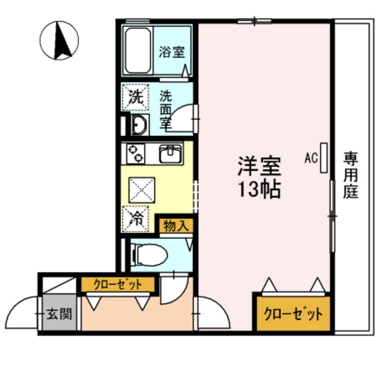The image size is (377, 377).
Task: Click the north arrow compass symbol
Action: pos(59,40)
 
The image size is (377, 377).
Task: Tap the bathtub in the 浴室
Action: pos(138,50)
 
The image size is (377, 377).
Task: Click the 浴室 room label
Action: pos(172,53)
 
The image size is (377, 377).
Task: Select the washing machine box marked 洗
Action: pos(136,97)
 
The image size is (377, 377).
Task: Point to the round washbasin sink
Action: pos(140,125)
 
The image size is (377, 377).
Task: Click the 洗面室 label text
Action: pos(166,110)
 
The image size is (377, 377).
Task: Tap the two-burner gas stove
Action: pos(135,153)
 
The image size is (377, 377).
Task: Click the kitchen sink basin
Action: pos(170,153)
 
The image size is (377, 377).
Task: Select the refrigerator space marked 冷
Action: pos(135,219)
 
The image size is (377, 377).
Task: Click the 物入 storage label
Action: pos(176,226)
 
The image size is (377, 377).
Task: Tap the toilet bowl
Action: pos(149,255)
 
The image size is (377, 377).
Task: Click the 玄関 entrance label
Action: pos(59,314)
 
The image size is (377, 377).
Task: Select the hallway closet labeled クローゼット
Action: pos(118,284)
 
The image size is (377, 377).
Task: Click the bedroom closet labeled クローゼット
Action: pos(294,314)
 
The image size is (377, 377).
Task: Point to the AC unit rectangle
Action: pos(324,158)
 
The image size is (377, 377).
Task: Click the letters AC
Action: pos(311,158)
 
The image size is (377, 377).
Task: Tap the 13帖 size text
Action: pos(259,189)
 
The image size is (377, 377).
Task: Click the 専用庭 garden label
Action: pos(351,175)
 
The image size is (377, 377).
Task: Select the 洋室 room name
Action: pos(259,166)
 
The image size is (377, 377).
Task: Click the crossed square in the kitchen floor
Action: pos(142,190)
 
